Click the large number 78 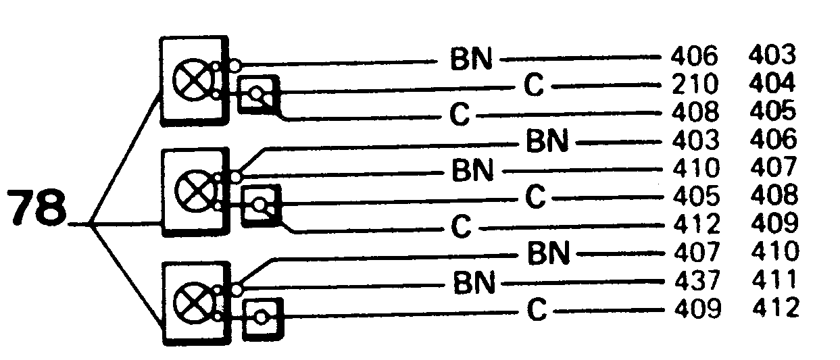pyautogui.click(x=38, y=210)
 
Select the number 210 pyautogui.click(x=696, y=86)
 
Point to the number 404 pyautogui.click(x=772, y=86)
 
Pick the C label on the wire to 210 pyautogui.click(x=534, y=86)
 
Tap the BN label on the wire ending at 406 pyautogui.click(x=471, y=59)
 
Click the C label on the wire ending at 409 pyautogui.click(x=535, y=311)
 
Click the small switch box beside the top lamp pyautogui.click(x=259, y=95)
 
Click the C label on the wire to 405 pyautogui.click(x=535, y=197)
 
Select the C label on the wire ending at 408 pyautogui.click(x=460, y=115)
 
